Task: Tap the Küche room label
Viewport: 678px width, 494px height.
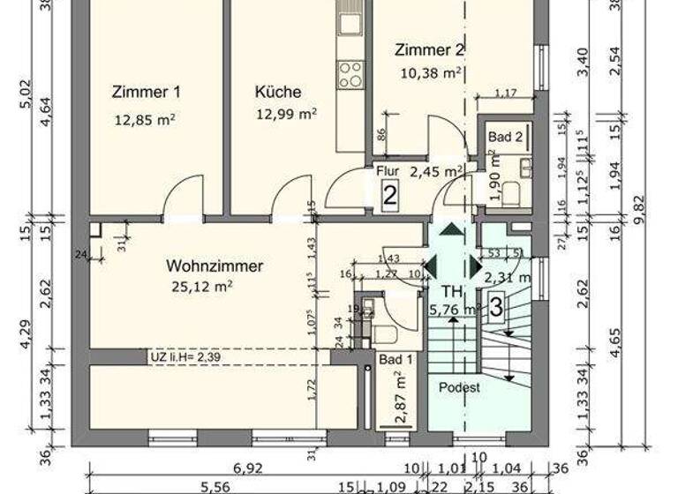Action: coord(278,92)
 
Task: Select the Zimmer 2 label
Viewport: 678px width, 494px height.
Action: coord(429,50)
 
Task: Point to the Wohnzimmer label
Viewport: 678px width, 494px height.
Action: coord(215,265)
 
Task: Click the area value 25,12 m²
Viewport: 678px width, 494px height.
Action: coord(203,286)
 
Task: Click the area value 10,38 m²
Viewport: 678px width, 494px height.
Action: coord(433,72)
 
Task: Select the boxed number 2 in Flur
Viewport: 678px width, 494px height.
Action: coord(389,196)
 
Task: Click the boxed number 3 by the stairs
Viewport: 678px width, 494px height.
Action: coord(497,308)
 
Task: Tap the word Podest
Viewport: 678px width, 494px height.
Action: coord(459,388)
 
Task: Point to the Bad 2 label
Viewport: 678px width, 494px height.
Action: coord(506,137)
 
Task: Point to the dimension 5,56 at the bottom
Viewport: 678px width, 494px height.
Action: coord(215,488)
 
